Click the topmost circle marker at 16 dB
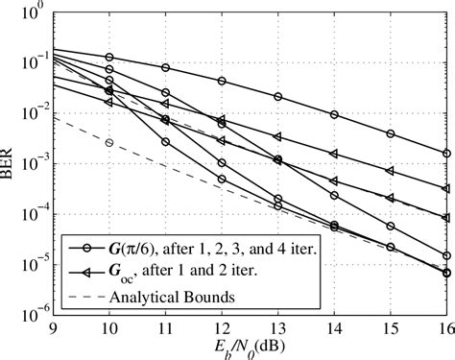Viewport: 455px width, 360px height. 446,153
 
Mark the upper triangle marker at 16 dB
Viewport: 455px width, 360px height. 446,189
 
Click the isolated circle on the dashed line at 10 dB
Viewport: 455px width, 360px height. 109,142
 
